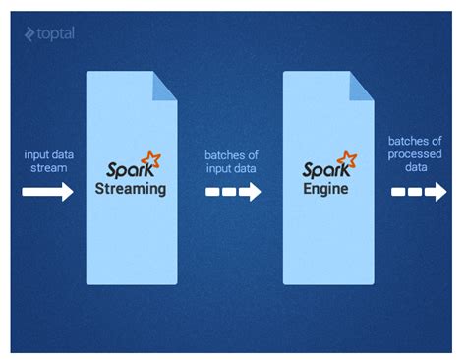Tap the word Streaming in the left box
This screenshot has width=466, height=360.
click(132, 188)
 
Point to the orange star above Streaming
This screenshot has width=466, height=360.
click(150, 158)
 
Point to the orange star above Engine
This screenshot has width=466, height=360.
click(345, 158)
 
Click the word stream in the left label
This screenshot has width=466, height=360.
click(47, 168)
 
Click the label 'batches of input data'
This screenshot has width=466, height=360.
click(231, 161)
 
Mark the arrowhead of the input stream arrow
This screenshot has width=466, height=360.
click(67, 192)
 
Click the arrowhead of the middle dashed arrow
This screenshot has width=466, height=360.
click(250, 192)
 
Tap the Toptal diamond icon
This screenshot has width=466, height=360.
click(29, 34)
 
